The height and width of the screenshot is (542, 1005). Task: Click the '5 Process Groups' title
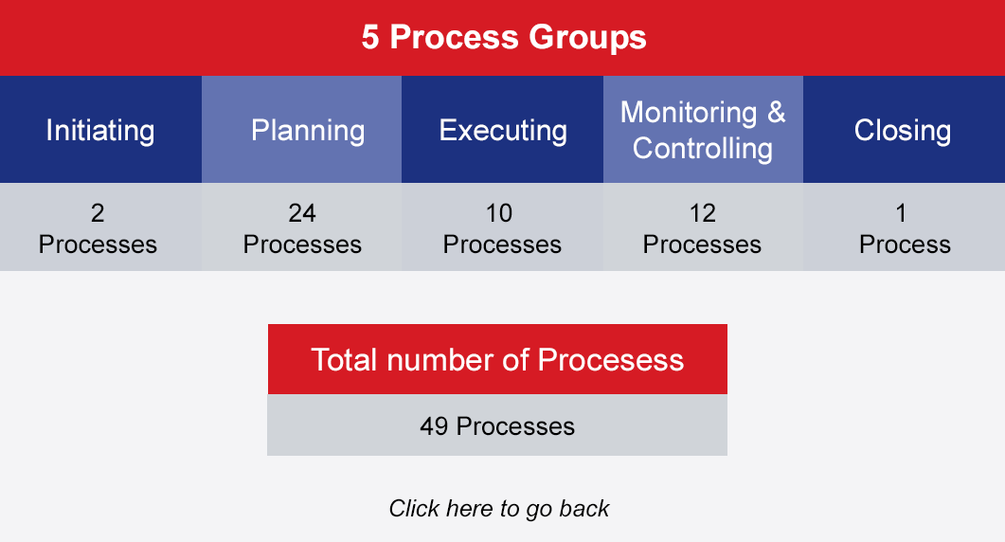click(504, 37)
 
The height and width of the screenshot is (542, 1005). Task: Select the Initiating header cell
click(100, 130)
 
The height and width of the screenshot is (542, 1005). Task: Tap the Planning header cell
click(302, 130)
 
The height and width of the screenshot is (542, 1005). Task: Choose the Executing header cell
click(502, 130)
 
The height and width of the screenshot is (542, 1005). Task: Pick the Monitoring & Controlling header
click(703, 130)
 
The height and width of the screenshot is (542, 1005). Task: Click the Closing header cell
click(904, 130)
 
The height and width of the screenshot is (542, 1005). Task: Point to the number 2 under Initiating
click(98, 213)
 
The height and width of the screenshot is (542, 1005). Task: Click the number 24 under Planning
click(302, 213)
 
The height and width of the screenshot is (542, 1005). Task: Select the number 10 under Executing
click(499, 213)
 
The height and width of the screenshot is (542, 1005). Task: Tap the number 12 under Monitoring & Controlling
click(703, 213)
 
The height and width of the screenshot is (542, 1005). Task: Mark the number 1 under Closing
click(901, 213)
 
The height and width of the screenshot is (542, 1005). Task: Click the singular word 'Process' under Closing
click(905, 244)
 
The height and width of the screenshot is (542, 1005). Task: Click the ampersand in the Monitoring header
click(776, 112)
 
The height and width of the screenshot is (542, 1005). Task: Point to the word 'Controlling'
click(703, 149)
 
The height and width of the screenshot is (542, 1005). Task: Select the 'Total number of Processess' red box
click(497, 359)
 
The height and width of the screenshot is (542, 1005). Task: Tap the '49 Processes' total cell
click(497, 425)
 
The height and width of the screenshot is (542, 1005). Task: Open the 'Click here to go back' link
click(498, 509)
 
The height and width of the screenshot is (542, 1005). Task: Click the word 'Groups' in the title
click(587, 38)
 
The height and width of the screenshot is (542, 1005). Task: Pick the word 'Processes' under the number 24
click(302, 244)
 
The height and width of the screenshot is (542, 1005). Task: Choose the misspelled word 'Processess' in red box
click(611, 360)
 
